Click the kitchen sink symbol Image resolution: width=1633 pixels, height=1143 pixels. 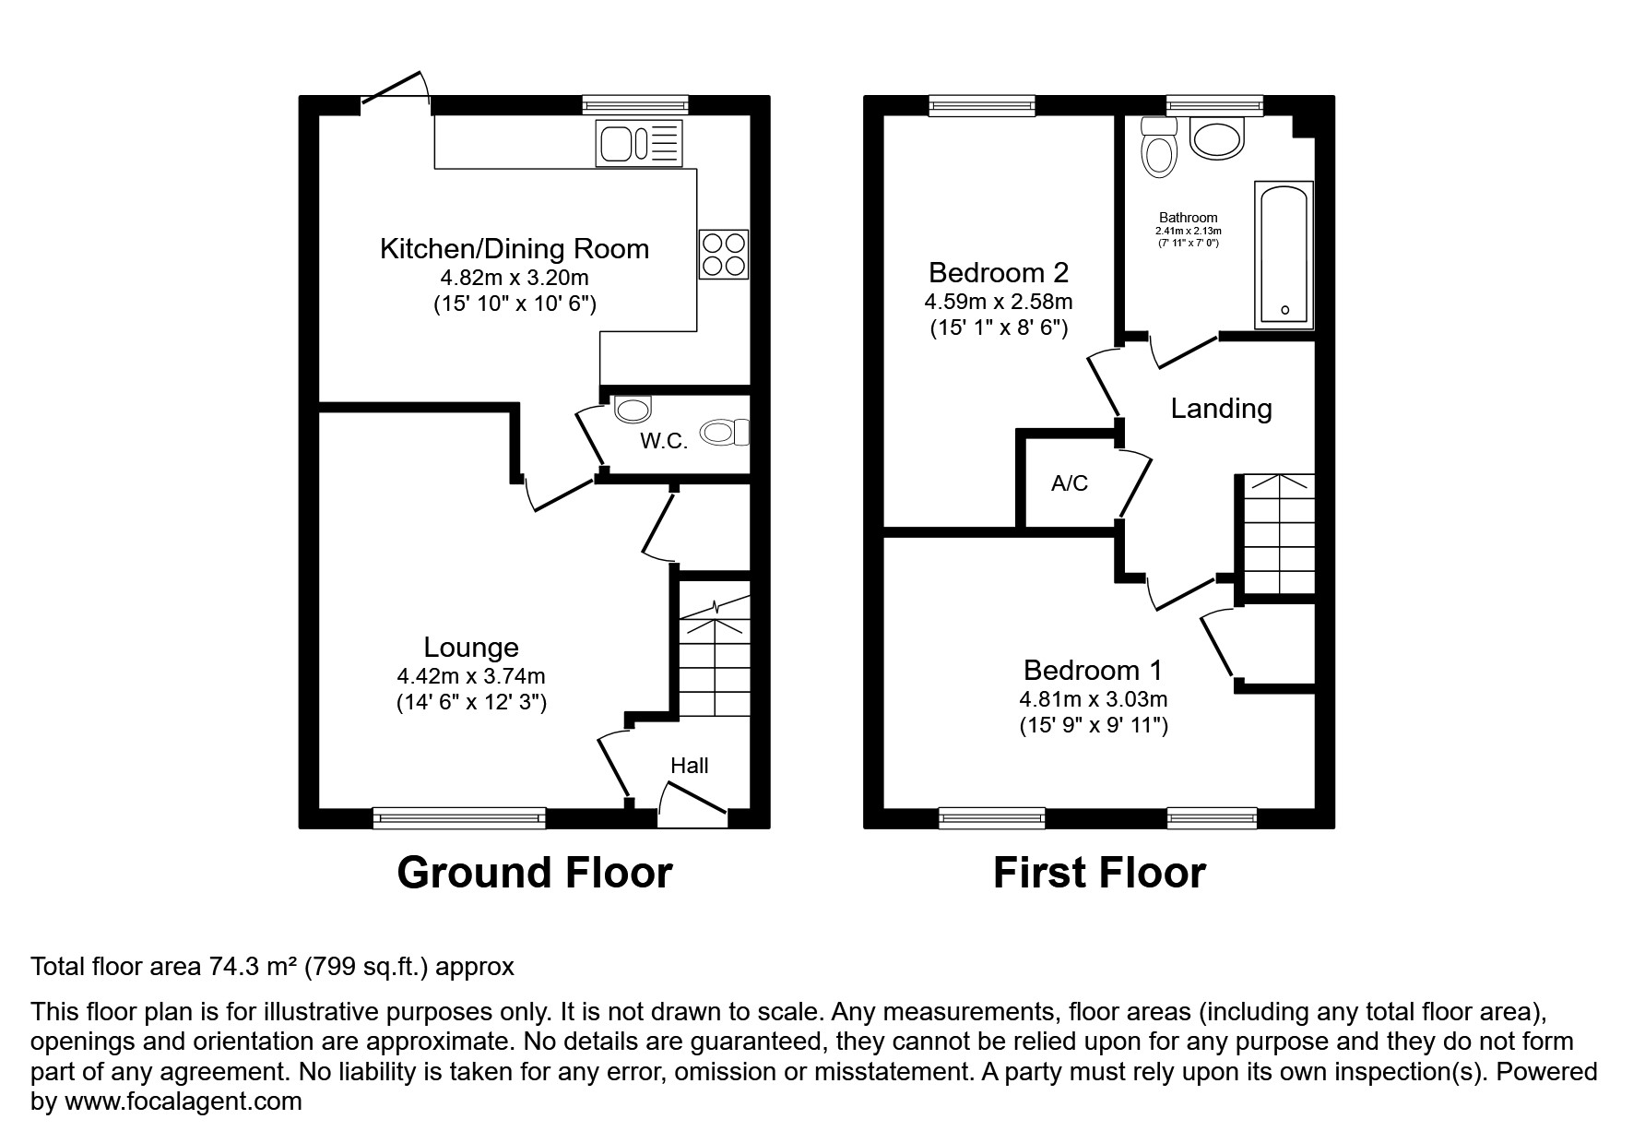pyautogui.click(x=639, y=143)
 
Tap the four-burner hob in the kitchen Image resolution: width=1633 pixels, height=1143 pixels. pyautogui.click(x=724, y=254)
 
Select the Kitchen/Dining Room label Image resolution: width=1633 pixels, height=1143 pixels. pyautogui.click(x=515, y=249)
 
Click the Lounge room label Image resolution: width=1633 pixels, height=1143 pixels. pyautogui.click(x=471, y=648)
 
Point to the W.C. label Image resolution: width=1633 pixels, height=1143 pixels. pyautogui.click(x=664, y=441)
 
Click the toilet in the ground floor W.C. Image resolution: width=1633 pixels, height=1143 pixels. pyautogui.click(x=726, y=432)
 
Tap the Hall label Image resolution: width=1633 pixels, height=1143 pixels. pyautogui.click(x=689, y=766)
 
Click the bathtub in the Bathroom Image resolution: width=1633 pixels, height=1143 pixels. pyautogui.click(x=1284, y=254)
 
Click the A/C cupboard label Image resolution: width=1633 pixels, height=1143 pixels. pyautogui.click(x=1070, y=483)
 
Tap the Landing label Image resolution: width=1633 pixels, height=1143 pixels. pyautogui.click(x=1221, y=409)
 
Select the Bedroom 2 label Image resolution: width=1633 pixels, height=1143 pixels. pyautogui.click(x=999, y=273)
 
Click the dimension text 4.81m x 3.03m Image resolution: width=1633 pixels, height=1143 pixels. pyautogui.click(x=1094, y=699)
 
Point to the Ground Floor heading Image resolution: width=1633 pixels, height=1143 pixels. pyautogui.click(x=534, y=873)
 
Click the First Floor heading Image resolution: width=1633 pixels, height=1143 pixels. pyautogui.click(x=1099, y=873)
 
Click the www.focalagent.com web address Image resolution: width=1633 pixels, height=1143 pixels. pyautogui.click(x=181, y=1101)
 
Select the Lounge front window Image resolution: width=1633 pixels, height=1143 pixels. pyautogui.click(x=459, y=816)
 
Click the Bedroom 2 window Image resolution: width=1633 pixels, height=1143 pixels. pyautogui.click(x=982, y=105)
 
